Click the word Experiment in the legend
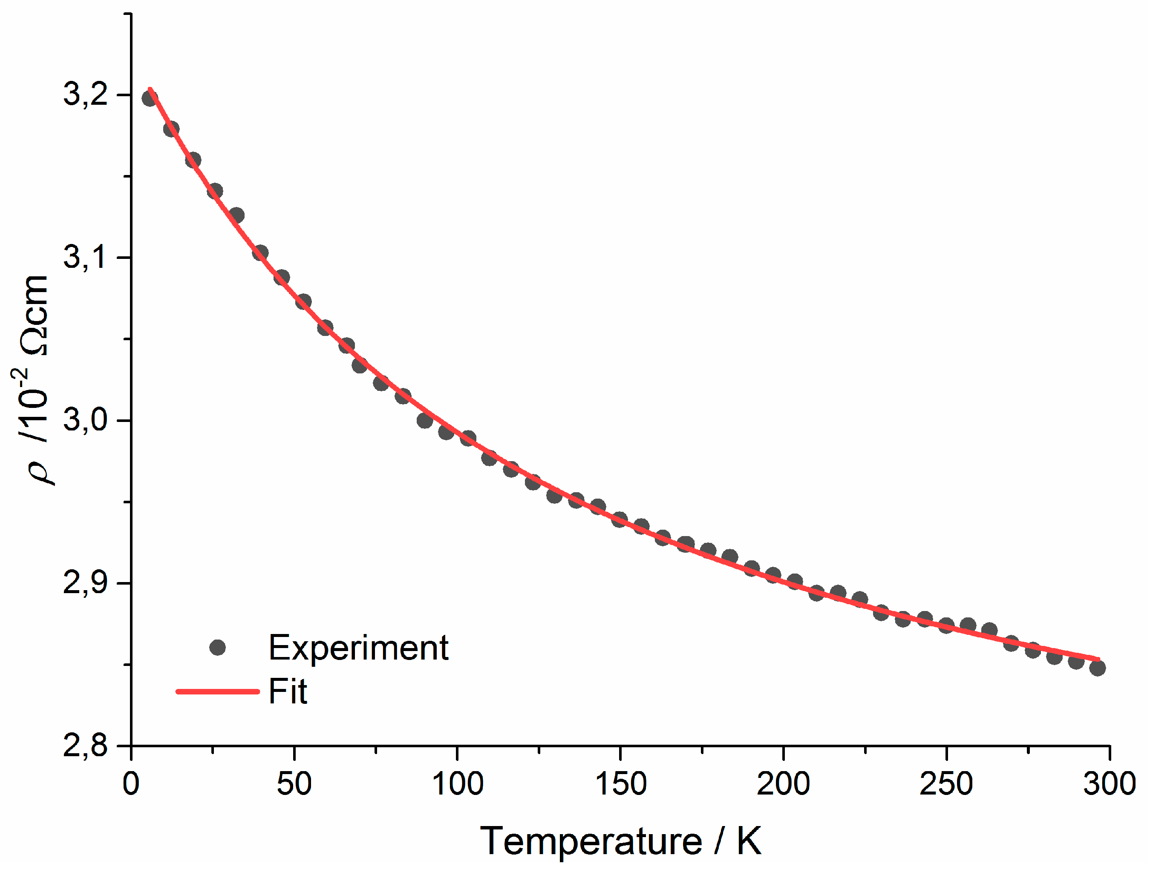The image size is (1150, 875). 358,648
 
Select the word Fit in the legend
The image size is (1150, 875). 288,691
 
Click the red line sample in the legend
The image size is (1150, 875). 217,691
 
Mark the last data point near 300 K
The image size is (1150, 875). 1097,668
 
